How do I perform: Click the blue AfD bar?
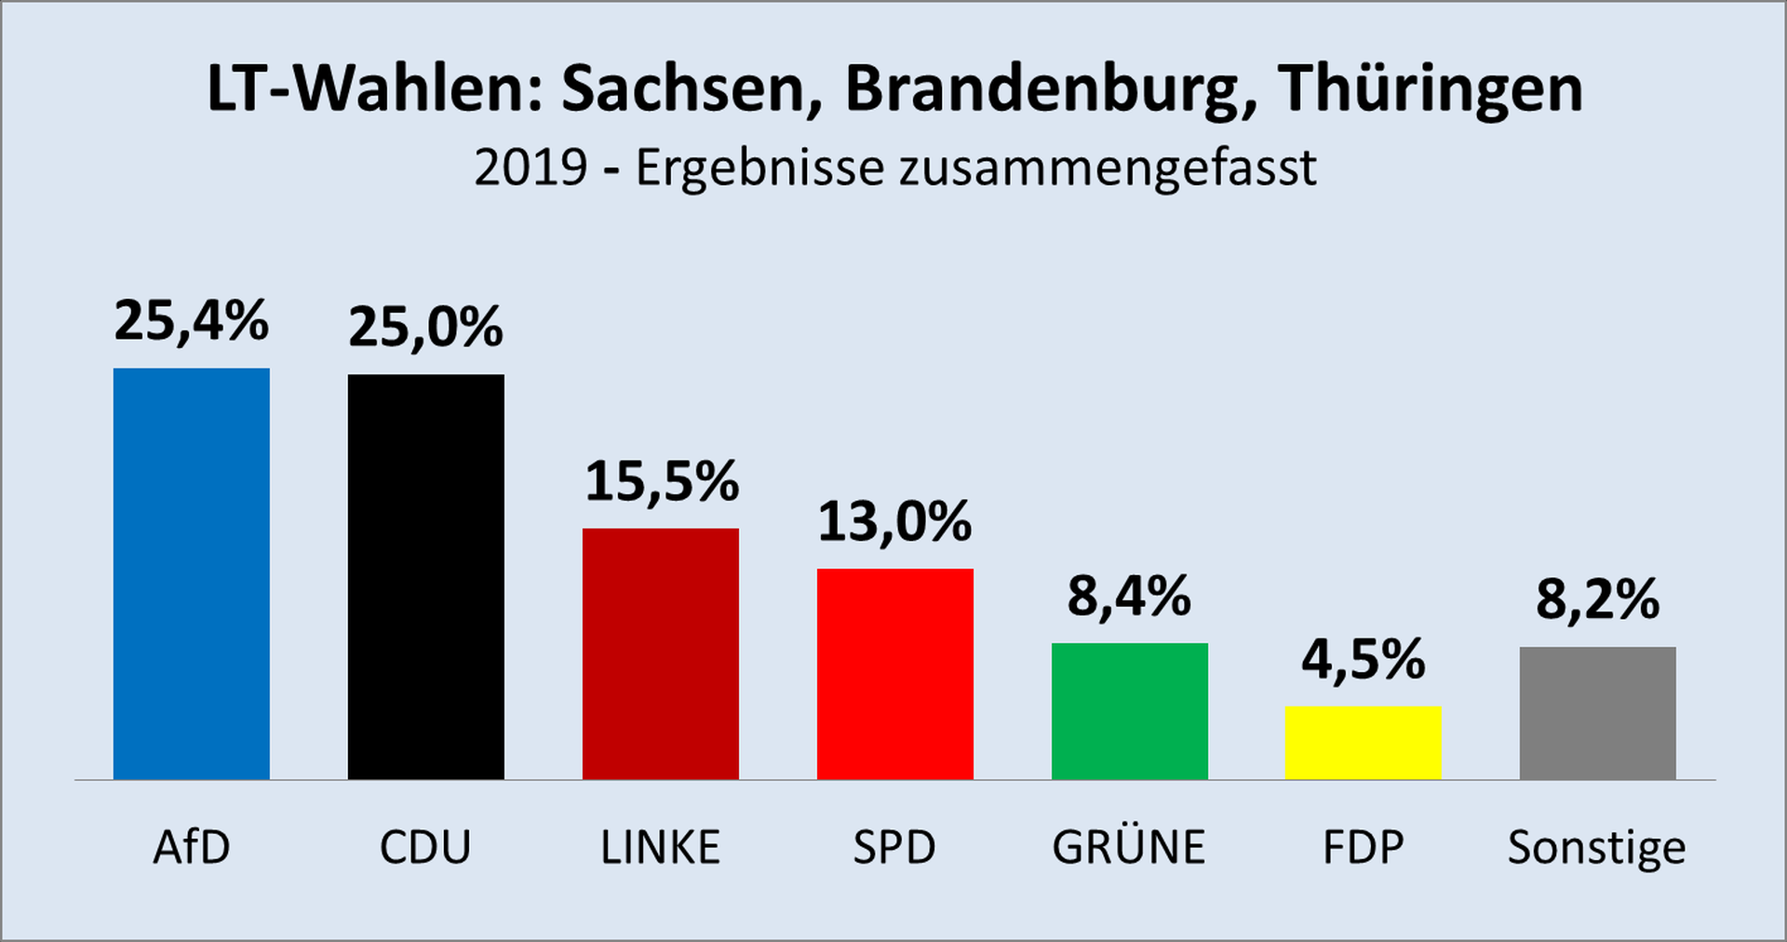(x=191, y=573)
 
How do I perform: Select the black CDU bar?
(x=425, y=577)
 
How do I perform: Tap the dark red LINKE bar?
(x=660, y=653)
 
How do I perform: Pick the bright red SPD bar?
(x=894, y=674)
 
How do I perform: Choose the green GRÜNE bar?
(x=1129, y=711)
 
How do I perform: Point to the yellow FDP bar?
(x=1364, y=743)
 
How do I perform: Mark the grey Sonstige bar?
(x=1597, y=713)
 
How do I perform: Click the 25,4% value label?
(x=191, y=321)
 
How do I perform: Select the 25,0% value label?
(x=425, y=328)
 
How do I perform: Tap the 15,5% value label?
(x=661, y=481)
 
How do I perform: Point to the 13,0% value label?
(x=894, y=521)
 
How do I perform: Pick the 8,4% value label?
(x=1129, y=597)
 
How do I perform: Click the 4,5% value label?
(x=1364, y=660)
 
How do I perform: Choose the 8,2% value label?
(x=1597, y=599)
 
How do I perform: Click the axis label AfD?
(x=191, y=847)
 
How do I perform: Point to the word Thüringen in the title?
(x=1430, y=91)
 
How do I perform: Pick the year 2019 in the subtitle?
(x=531, y=168)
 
